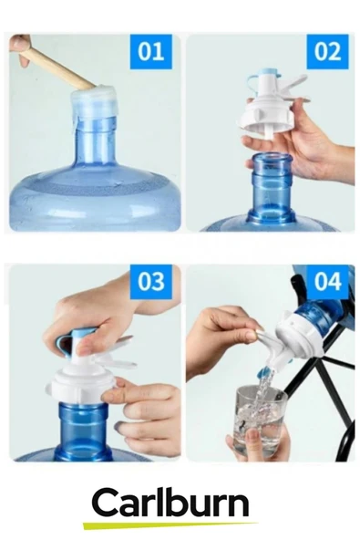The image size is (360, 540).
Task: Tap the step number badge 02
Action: pos(328,51)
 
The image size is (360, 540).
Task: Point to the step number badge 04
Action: pos(327,281)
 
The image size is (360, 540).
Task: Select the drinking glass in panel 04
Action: pos(259,420)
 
